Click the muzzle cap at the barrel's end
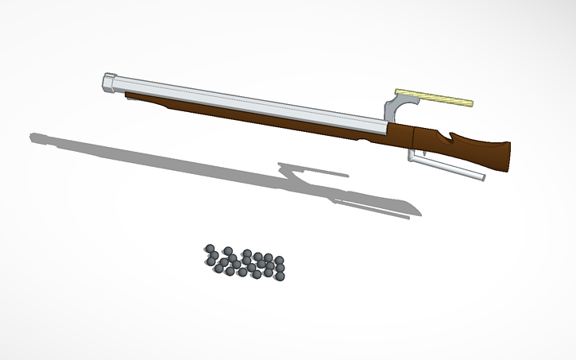point(110,82)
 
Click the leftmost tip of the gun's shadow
point(33,137)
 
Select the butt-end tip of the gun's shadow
point(416,213)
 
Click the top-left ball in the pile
point(210,249)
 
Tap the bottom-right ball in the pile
point(280,275)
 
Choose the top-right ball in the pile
point(279,259)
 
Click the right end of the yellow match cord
point(470,103)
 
